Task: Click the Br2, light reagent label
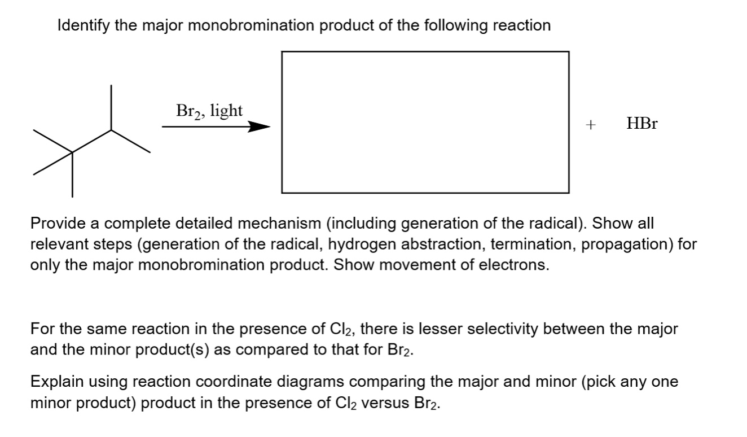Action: coord(209,111)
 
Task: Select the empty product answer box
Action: coord(425,122)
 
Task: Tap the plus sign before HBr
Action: coord(590,125)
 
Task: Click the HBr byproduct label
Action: coord(642,124)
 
